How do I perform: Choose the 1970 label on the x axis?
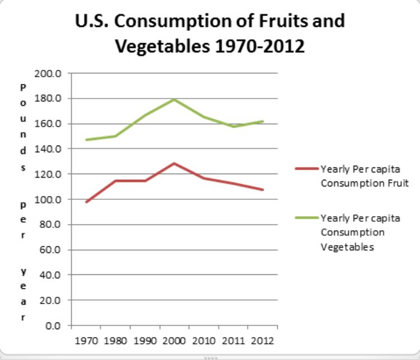point(86,340)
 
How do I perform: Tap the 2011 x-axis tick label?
point(234,340)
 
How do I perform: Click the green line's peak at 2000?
point(174,100)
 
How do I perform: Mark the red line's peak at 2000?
point(174,163)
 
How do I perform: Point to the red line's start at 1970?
point(86,202)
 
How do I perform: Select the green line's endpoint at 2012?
point(263,121)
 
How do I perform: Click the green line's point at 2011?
point(234,127)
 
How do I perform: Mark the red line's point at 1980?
point(115,181)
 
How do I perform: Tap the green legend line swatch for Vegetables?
point(306,218)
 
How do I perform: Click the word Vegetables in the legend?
point(347,247)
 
